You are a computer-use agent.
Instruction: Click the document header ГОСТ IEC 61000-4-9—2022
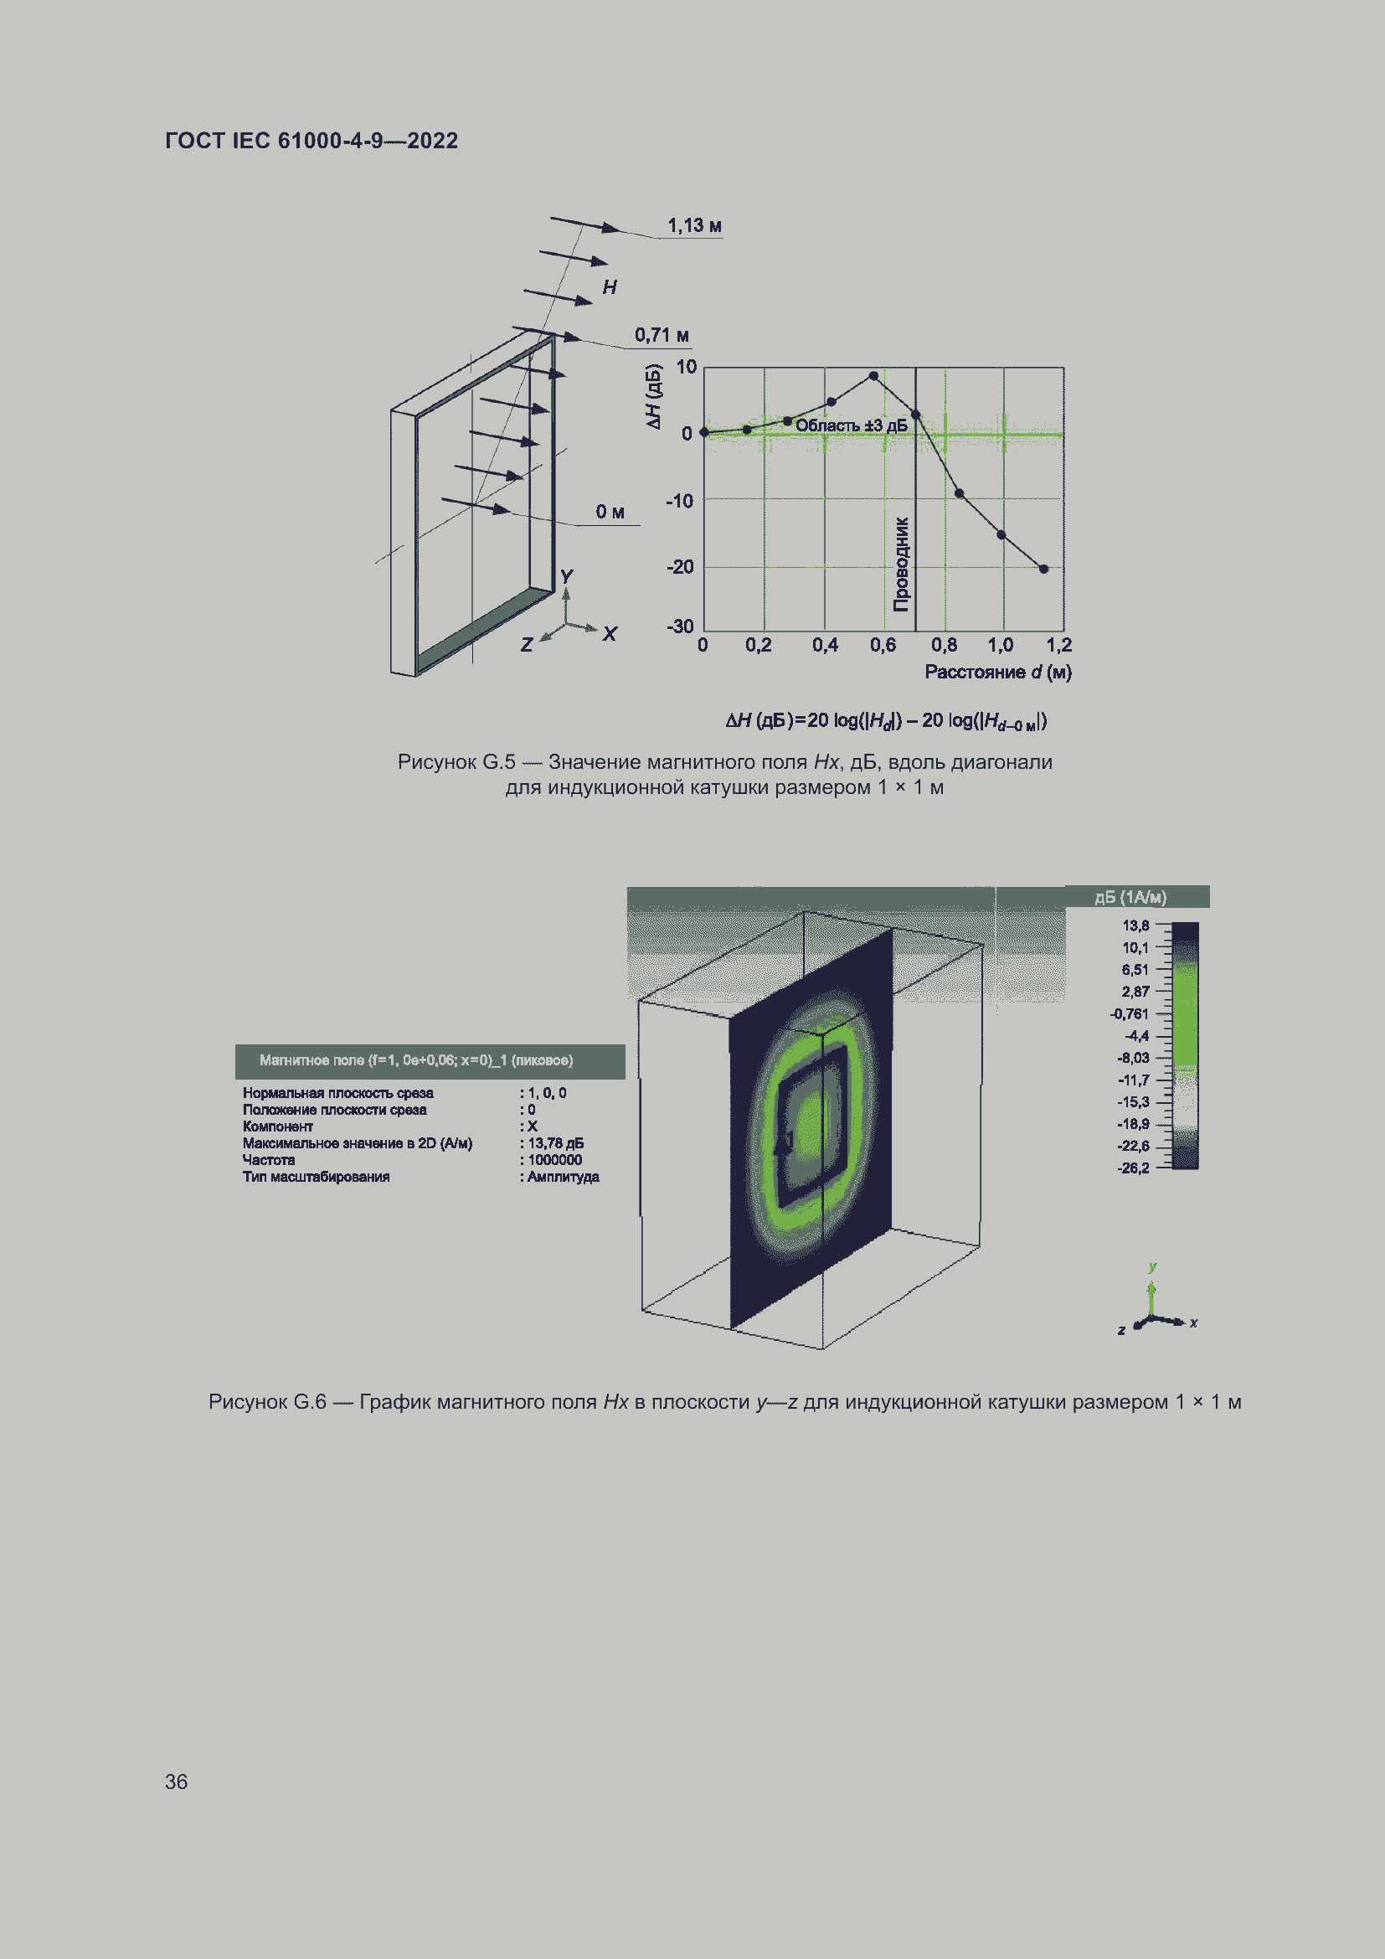pyautogui.click(x=311, y=141)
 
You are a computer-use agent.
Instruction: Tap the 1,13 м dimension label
pyautogui.click(x=694, y=225)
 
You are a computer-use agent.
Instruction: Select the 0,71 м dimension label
pyautogui.click(x=661, y=334)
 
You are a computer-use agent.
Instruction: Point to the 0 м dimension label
pyautogui.click(x=610, y=512)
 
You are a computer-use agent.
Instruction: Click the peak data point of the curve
pyautogui.click(x=873, y=375)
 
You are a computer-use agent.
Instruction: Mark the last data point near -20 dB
pyautogui.click(x=1043, y=569)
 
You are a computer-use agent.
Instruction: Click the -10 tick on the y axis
pyautogui.click(x=680, y=501)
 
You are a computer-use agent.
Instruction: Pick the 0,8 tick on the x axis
pyautogui.click(x=943, y=645)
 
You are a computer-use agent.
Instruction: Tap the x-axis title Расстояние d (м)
pyautogui.click(x=998, y=673)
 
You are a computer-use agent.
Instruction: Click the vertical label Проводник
pyautogui.click(x=902, y=564)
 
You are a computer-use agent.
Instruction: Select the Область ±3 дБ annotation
pyautogui.click(x=851, y=425)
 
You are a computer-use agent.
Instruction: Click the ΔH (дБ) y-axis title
pyautogui.click(x=653, y=397)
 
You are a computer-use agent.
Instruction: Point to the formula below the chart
pyautogui.click(x=886, y=721)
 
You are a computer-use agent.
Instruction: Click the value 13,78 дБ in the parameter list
pyautogui.click(x=555, y=1143)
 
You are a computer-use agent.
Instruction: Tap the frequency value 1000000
pyautogui.click(x=554, y=1160)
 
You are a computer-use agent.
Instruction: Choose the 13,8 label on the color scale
pyautogui.click(x=1135, y=925)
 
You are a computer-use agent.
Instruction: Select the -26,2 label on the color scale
pyautogui.click(x=1133, y=1168)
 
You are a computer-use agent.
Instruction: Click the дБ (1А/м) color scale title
pyautogui.click(x=1130, y=898)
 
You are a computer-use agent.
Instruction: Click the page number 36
pyautogui.click(x=176, y=1781)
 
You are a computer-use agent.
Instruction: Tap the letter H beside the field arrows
pyautogui.click(x=610, y=287)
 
